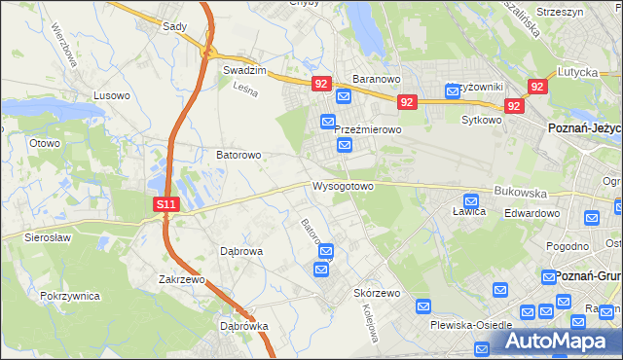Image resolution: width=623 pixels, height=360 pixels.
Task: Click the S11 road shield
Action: (167, 205)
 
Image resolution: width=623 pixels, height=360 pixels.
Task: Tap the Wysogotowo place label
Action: (343, 185)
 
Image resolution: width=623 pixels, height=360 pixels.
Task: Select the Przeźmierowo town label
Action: (368, 129)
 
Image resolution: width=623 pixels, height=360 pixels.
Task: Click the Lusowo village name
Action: (111, 95)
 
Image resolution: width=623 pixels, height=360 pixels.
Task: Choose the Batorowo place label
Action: (238, 155)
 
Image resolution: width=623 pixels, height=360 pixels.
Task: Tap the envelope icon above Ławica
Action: (471, 198)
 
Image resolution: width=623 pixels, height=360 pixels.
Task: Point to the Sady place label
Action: (174, 26)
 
